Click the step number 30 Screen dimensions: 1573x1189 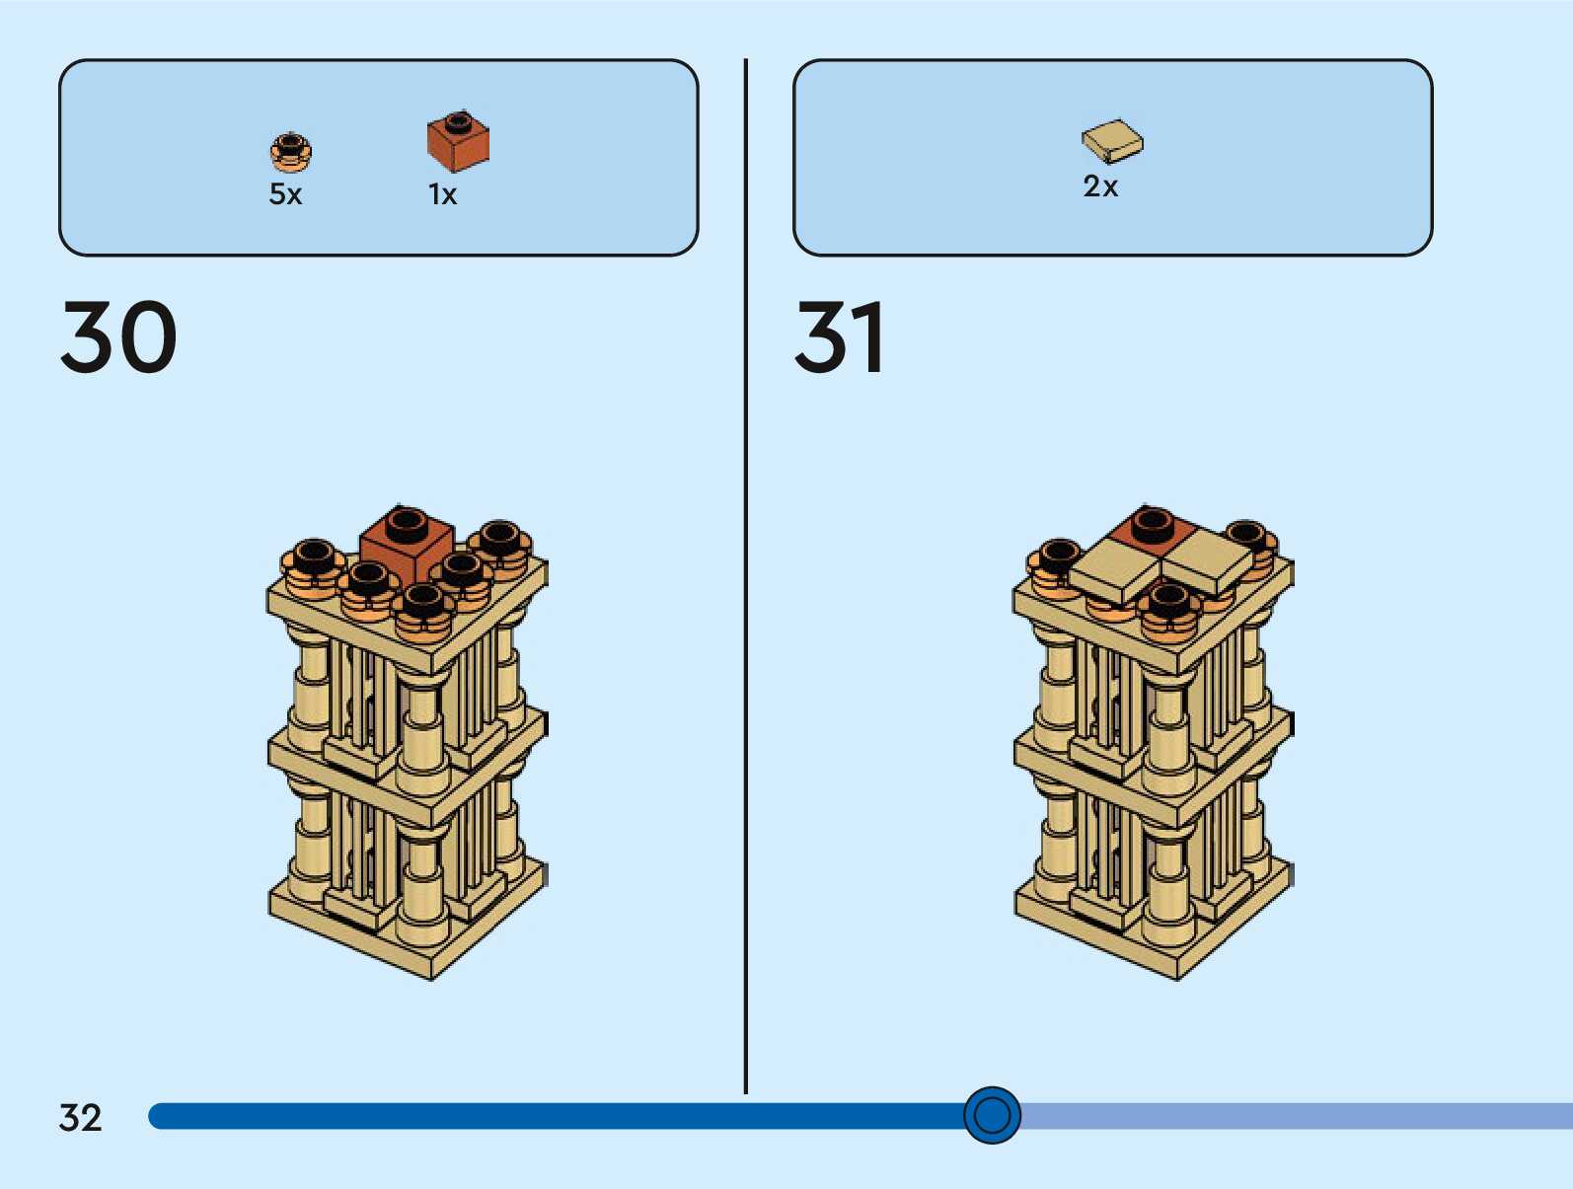(118, 337)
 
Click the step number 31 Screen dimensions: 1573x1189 (840, 337)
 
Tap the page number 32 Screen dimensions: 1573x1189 (80, 1117)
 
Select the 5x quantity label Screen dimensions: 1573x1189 (285, 194)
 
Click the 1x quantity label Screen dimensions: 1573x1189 (442, 194)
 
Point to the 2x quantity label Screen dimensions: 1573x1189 (1100, 186)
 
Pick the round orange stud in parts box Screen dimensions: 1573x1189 (290, 151)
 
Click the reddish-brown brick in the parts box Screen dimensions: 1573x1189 (458, 142)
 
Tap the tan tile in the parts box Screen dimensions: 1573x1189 (1112, 141)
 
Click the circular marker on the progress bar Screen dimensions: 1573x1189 (992, 1115)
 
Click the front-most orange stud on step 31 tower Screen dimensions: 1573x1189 (1169, 605)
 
